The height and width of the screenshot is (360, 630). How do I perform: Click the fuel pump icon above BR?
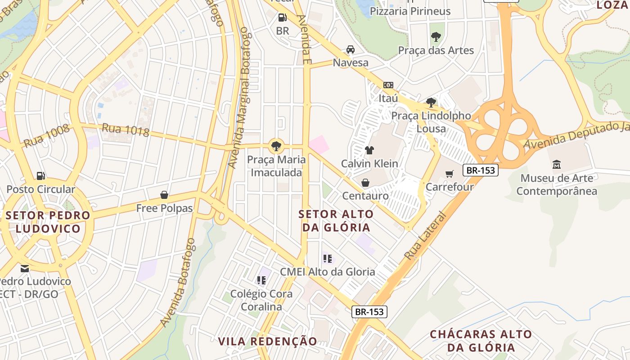tap(283, 18)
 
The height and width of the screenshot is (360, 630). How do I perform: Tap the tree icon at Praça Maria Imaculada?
tap(276, 146)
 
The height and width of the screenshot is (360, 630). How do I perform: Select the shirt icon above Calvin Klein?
tap(369, 150)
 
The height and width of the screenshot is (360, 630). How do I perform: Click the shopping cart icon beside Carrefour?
tap(449, 174)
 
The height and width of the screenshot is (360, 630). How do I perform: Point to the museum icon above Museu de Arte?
tap(557, 165)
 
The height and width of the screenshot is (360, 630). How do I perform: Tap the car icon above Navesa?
tap(351, 49)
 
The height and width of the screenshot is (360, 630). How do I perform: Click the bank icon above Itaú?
tap(388, 85)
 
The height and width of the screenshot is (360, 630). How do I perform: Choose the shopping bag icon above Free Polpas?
tap(164, 195)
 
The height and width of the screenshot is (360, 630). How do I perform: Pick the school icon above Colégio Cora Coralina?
tap(261, 280)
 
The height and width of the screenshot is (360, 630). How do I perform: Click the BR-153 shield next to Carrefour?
tap(481, 170)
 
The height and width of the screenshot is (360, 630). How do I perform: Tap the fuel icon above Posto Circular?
tap(41, 175)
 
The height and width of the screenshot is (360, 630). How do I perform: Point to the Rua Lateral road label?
tap(425, 236)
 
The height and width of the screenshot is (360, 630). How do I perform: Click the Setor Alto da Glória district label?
tap(336, 220)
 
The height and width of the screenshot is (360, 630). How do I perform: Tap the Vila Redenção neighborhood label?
tap(268, 341)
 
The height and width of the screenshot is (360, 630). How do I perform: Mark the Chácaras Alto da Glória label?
tap(481, 341)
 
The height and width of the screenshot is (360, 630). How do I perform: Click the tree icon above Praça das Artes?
tap(436, 37)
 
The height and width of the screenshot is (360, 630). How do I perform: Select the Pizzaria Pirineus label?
tap(410, 11)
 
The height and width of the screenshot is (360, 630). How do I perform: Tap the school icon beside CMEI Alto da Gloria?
tap(328, 258)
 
